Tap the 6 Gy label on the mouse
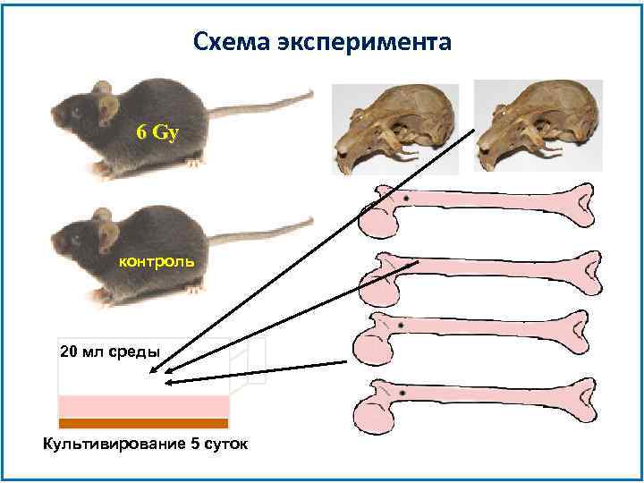click(x=157, y=132)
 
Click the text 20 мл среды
click(x=109, y=351)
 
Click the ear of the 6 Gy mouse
click(x=108, y=108)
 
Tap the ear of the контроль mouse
click(x=108, y=235)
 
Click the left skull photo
click(x=394, y=131)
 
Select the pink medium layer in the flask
click(x=143, y=406)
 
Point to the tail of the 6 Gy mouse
click(x=259, y=106)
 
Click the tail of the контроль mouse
click(x=259, y=231)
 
